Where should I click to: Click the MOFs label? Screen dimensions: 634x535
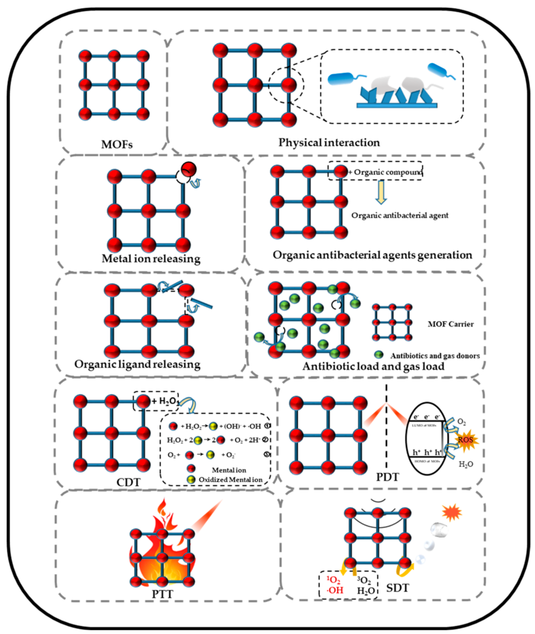point(117,144)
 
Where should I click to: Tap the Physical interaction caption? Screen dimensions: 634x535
point(329,142)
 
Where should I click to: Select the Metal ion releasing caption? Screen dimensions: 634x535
point(151,259)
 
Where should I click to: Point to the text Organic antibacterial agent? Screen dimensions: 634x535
point(400,215)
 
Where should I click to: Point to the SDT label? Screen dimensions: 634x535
point(398,588)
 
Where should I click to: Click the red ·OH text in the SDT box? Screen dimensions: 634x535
point(335,590)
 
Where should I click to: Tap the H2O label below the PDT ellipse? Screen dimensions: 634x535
point(466,464)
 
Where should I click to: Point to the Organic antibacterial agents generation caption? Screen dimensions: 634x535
point(373,255)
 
